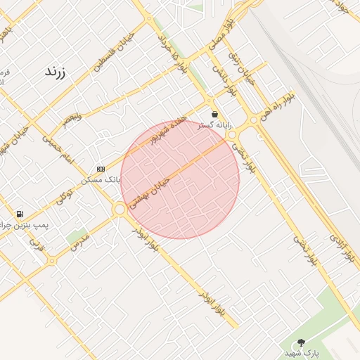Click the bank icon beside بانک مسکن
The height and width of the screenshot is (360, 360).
click(101, 169)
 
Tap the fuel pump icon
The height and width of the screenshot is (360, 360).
click(19, 214)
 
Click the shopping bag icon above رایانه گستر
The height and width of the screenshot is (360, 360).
click(214, 114)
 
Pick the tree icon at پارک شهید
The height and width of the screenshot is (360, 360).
click(302, 342)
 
